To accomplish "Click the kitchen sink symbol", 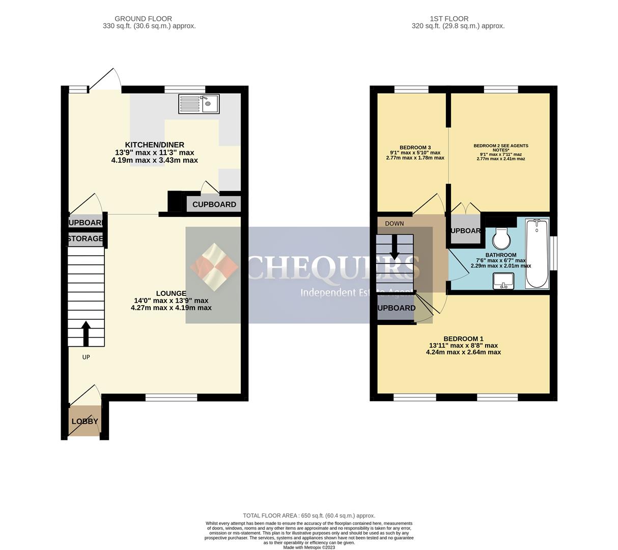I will click(x=199, y=104).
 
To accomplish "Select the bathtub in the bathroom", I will click(x=537, y=254).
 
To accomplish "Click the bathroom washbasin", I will click(x=503, y=281).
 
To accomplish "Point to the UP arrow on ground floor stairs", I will click(x=86, y=333).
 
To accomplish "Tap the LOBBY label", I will click(x=85, y=421).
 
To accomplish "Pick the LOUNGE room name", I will click(x=171, y=293).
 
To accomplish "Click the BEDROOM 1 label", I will click(x=463, y=339).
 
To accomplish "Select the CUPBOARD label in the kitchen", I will click(x=214, y=204).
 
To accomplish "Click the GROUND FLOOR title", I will click(x=143, y=19).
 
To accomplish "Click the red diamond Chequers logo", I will click(x=214, y=267).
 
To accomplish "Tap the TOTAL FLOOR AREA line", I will click(x=309, y=515).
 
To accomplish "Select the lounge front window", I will click(x=171, y=397).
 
